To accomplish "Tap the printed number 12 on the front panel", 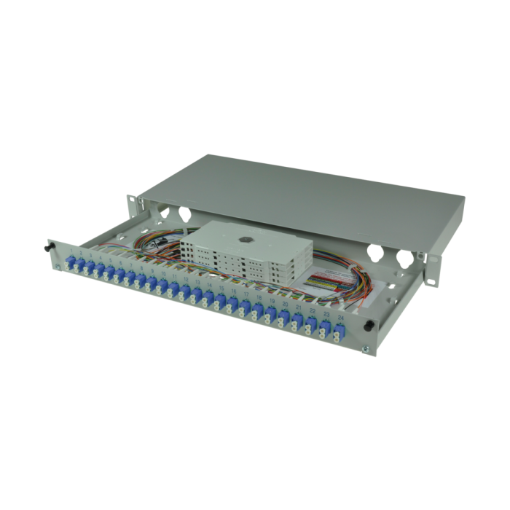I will pos(187,280).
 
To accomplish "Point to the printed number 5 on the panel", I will pos(110,259).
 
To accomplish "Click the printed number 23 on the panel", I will pos(325,318).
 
